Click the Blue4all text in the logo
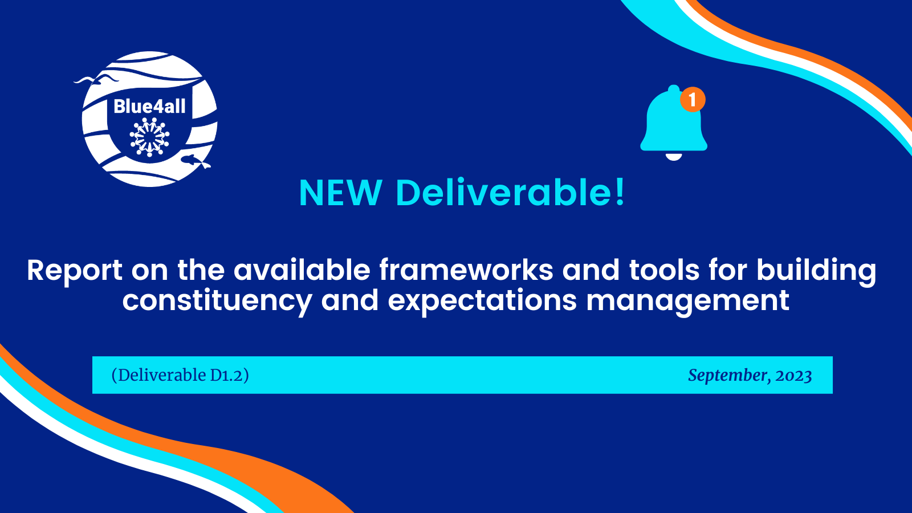[x=149, y=106]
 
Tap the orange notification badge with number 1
[x=693, y=99]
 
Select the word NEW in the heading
[x=340, y=193]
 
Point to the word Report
[x=75, y=271]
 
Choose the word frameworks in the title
[x=466, y=270]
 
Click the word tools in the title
[x=664, y=270]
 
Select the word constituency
[x=217, y=302]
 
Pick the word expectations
[x=482, y=302]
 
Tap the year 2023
[x=793, y=376]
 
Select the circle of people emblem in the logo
[x=149, y=137]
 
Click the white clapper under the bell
[x=673, y=157]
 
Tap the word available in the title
[x=302, y=270]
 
